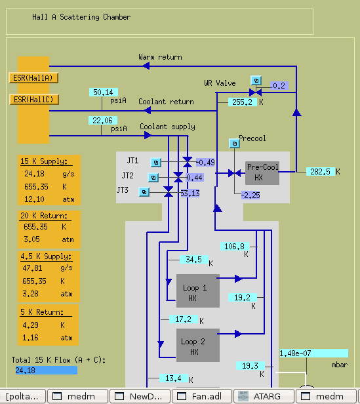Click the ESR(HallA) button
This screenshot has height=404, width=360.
pos(33,78)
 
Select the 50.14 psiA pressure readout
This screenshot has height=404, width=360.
pos(104,92)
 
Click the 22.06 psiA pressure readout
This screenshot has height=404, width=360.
pos(103,120)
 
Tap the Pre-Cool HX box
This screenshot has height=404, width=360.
pos(262,173)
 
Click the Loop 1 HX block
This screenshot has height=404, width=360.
pos(198,291)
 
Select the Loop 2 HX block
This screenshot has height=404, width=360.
pos(198,345)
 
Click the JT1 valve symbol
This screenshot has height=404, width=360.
pos(188,162)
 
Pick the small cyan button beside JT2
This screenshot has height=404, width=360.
pos(153,178)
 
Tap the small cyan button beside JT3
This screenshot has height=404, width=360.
pos(144,192)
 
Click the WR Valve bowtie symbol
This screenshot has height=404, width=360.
pos(255,92)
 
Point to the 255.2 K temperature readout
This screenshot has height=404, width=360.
pos(242,102)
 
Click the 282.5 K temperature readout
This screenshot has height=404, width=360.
pos(320,172)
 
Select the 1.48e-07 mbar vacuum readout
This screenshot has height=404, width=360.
pos(314,353)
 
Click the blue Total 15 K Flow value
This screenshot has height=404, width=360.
pos(47,371)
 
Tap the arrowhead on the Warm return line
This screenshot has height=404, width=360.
pos(146,66)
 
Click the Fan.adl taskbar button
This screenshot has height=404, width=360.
pos(202,396)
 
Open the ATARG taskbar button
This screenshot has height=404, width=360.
pos(264,396)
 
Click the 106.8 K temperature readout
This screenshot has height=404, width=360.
pos(235,247)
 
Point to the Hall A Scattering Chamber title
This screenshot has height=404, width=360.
pos(81,17)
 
